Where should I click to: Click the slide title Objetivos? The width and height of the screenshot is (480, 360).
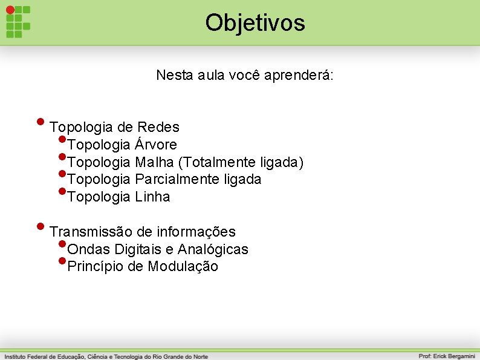pyautogui.click(x=255, y=23)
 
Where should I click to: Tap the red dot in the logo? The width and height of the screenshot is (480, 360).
pyautogui.click(x=10, y=10)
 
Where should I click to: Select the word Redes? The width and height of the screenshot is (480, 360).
pyautogui.click(x=158, y=127)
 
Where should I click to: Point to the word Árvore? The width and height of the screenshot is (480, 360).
pyautogui.click(x=156, y=145)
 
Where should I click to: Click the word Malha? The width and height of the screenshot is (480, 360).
pyautogui.click(x=154, y=162)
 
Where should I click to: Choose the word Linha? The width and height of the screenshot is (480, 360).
pyautogui.click(x=152, y=197)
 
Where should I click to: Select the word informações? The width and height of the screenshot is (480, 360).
pyautogui.click(x=196, y=232)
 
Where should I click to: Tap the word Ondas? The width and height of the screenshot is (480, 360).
pyautogui.click(x=89, y=249)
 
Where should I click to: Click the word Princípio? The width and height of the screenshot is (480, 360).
pyautogui.click(x=96, y=266)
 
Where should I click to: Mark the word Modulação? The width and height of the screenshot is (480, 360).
pyautogui.click(x=183, y=266)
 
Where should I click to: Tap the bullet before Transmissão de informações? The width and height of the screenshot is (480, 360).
pyautogui.click(x=41, y=225)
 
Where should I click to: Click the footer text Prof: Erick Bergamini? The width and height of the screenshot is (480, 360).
pyautogui.click(x=447, y=356)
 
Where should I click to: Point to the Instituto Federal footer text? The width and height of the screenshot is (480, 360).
pyautogui.click(x=106, y=356)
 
